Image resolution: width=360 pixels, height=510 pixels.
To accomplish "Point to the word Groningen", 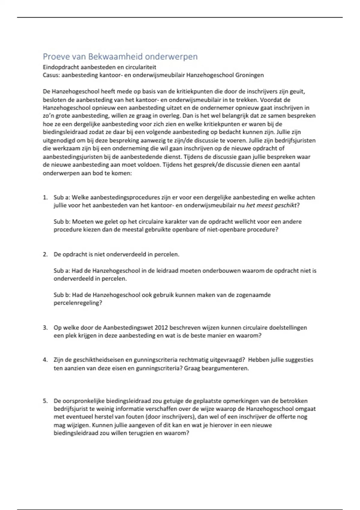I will coord(250,75).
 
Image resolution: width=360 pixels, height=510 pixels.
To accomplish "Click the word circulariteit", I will coord(139,67).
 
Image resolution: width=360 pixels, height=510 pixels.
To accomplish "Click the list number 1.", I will coord(45,197).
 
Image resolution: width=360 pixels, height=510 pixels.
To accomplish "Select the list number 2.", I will coord(45,254).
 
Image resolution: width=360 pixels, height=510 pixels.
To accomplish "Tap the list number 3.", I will coord(45,328).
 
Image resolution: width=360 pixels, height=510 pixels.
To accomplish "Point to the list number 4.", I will coord(45,360).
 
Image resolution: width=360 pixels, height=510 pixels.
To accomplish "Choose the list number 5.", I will coord(45,401).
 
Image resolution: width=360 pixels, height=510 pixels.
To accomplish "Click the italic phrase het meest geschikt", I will coord(271,205).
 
